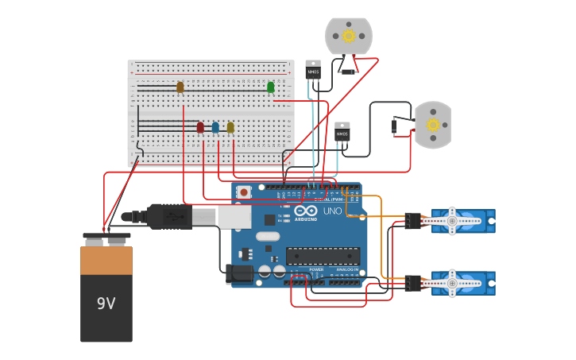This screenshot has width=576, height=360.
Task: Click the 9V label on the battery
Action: pyautogui.click(x=106, y=304)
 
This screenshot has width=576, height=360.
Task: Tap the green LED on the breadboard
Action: pyautogui.click(x=271, y=87)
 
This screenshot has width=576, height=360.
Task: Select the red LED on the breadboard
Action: pyautogui.click(x=200, y=127)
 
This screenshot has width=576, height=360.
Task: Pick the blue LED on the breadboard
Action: pyautogui.click(x=215, y=127)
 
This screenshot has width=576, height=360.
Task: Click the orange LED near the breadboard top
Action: pyautogui.click(x=180, y=87)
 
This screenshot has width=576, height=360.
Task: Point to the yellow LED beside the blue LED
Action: pyautogui.click(x=230, y=127)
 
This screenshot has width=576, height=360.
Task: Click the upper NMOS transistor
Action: pyautogui.click(x=313, y=71)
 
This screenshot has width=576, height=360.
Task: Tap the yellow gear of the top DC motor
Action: pyautogui.click(x=348, y=36)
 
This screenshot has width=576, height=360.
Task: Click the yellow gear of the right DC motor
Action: pyautogui.click(x=433, y=125)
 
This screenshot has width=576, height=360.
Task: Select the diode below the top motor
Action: pyautogui.click(x=347, y=72)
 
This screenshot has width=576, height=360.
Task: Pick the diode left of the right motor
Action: pyautogui.click(x=393, y=126)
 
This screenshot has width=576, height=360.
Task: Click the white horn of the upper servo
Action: pyautogui.click(x=452, y=220)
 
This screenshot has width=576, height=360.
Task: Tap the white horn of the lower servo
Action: pyautogui.click(x=452, y=282)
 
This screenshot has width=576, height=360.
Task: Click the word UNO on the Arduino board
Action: pyautogui.click(x=332, y=211)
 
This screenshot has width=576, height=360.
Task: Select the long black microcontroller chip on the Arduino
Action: pyautogui.click(x=323, y=256)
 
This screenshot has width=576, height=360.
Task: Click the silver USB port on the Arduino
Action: pyautogui.click(x=234, y=217)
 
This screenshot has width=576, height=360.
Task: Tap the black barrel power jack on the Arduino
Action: pyautogui.click(x=238, y=274)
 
